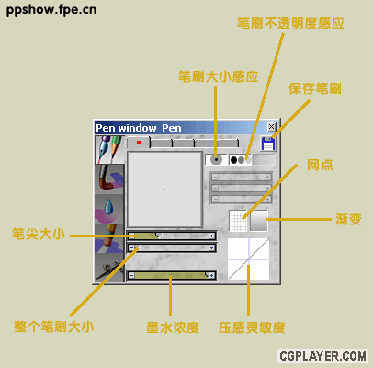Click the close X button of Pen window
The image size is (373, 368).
tap(271, 127)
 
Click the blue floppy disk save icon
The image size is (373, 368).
tap(268, 144)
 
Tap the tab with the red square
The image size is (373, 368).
tap(139, 143)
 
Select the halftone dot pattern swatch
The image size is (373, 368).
tap(238, 221)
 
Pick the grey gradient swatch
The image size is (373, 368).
tap(259, 221)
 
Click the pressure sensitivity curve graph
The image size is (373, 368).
tap(249, 259)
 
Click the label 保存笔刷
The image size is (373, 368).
tap(315, 88)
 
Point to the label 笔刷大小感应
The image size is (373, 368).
tap(219, 76)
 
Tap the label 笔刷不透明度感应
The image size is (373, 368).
tap(290, 23)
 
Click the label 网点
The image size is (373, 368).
tap(320, 165)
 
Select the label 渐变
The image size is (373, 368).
tap(348, 219)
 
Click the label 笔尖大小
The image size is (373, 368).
tap(39, 234)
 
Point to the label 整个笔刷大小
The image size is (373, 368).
tap(54, 327)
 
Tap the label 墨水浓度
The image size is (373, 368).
tap(173, 328)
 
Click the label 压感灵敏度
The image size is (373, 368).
tap(252, 328)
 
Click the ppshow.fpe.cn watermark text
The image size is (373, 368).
tap(51, 10)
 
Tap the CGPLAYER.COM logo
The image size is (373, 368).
tap(322, 356)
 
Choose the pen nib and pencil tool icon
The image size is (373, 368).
tap(109, 150)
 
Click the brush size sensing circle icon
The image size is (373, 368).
tap(216, 159)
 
